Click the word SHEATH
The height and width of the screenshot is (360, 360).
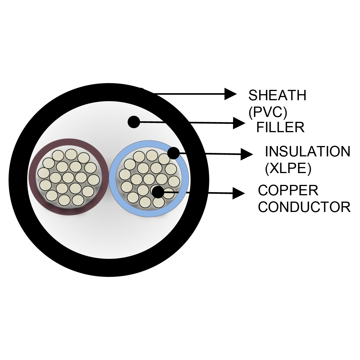[277, 95]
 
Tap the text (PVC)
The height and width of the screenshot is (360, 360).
[268, 112]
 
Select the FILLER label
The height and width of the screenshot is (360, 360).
[280, 127]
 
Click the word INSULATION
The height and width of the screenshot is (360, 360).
[307, 152]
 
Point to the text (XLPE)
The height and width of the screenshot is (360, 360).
[288, 168]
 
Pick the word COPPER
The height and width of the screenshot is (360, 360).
[288, 190]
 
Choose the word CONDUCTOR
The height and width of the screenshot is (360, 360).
[304, 207]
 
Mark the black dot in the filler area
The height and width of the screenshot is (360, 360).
[134, 122]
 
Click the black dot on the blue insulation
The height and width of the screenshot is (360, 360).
[173, 153]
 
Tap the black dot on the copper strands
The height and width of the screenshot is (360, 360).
[158, 192]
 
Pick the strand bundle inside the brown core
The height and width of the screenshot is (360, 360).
[69, 177]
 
